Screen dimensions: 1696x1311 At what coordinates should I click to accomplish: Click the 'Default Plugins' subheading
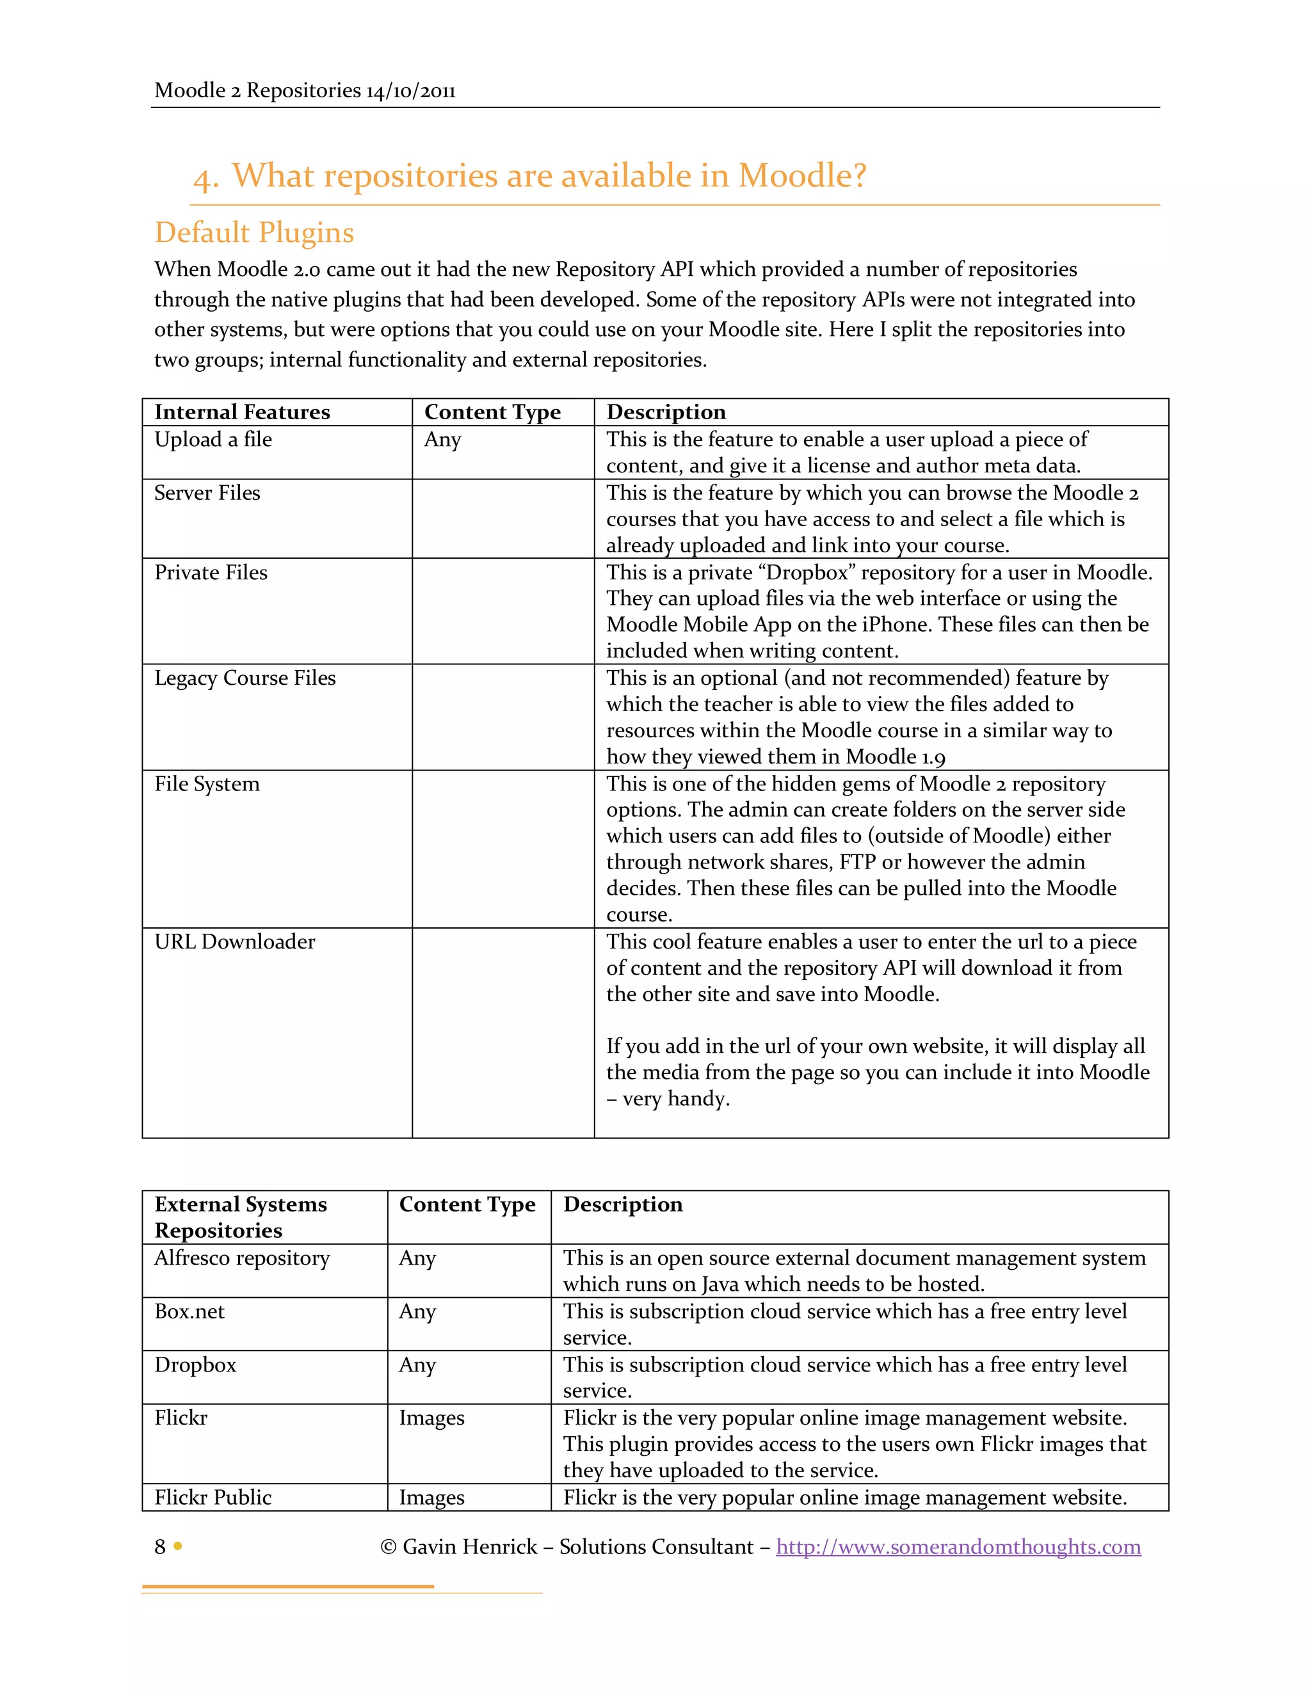tap(254, 233)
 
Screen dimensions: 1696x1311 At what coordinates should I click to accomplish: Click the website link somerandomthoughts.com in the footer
tap(958, 1546)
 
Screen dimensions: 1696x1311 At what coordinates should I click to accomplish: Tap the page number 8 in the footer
tap(160, 1546)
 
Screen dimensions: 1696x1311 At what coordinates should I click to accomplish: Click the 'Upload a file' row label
tap(213, 440)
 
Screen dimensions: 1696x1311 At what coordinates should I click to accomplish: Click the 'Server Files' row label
tap(207, 493)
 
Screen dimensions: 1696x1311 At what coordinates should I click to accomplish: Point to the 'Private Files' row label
tap(211, 572)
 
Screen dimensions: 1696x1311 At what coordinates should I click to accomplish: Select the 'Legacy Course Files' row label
tap(245, 678)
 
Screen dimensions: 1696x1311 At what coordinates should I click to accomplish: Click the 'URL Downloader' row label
tap(234, 941)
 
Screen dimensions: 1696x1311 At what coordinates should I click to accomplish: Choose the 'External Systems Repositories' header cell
tap(240, 1217)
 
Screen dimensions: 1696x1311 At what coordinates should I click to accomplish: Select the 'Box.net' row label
tap(189, 1311)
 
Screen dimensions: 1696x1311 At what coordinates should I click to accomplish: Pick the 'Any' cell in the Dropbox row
tap(417, 1364)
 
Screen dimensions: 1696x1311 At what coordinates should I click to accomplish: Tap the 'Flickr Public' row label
tap(213, 1497)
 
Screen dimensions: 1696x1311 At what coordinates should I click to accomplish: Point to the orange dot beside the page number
tap(178, 1546)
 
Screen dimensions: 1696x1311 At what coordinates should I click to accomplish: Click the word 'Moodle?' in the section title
tap(801, 175)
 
